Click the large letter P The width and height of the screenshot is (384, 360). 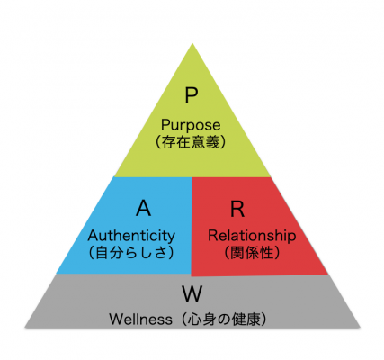[x=191, y=95]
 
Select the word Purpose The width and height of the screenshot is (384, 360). [x=191, y=125]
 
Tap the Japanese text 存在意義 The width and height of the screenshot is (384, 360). [x=191, y=141]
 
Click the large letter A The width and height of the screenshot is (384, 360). [x=143, y=208]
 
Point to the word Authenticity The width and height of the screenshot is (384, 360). [x=131, y=236]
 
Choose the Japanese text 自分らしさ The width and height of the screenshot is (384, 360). [x=131, y=252]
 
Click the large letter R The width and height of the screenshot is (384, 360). [x=237, y=208]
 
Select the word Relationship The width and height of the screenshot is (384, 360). [x=252, y=236]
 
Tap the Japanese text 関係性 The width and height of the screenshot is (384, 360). [x=252, y=252]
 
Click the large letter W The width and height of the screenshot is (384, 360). [x=192, y=293]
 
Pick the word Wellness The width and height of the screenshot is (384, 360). [x=140, y=319]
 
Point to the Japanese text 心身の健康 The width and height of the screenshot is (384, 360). [x=223, y=319]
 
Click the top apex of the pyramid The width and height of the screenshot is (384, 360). [x=192, y=44]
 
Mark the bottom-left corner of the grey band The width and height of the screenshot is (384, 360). [x=25, y=328]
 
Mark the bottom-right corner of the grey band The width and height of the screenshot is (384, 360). [x=360, y=328]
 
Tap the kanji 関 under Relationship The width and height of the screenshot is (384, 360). [x=237, y=252]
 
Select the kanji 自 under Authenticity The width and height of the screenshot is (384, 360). [x=102, y=252]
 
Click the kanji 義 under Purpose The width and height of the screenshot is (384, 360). [x=213, y=141]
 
